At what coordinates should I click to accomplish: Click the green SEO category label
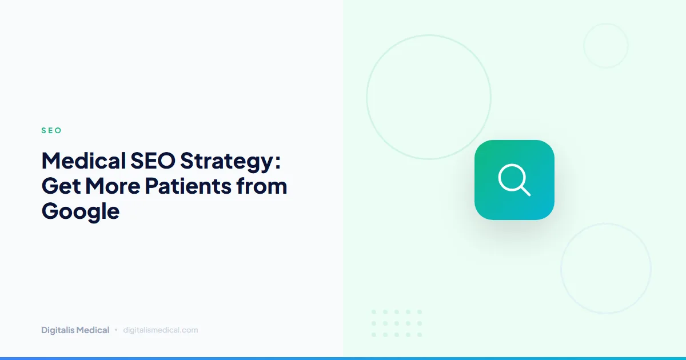click(51, 130)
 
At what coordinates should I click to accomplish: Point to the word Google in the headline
click(81, 212)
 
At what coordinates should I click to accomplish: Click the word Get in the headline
click(59, 186)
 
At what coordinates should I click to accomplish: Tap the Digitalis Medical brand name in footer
click(75, 330)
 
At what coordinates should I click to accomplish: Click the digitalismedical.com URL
click(160, 330)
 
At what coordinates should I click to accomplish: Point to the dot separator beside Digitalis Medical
click(116, 330)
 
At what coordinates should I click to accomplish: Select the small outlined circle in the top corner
click(605, 46)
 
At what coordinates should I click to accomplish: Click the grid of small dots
click(396, 323)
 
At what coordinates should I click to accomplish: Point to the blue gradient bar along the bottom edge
click(343, 358)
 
